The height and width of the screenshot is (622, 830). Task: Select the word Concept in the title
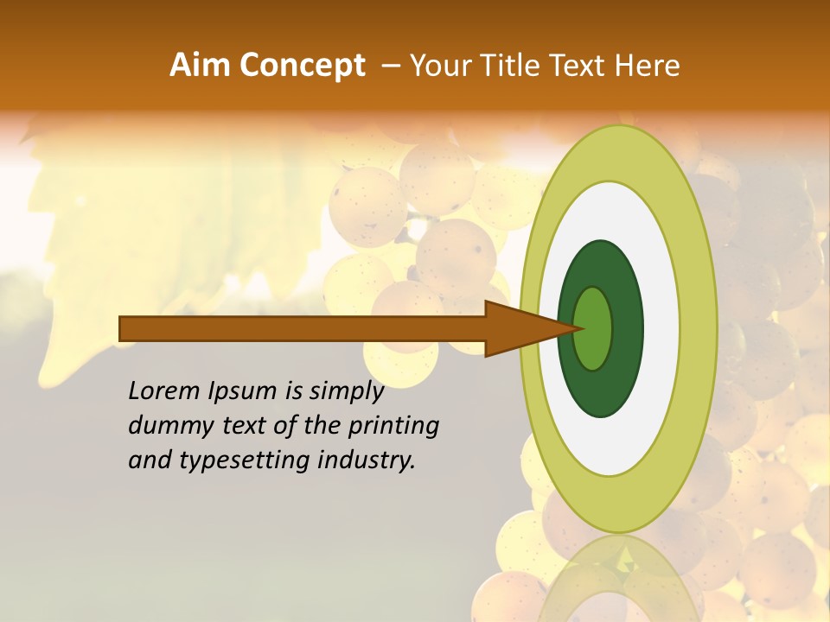pyautogui.click(x=303, y=66)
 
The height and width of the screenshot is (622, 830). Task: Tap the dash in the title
pyautogui.click(x=391, y=66)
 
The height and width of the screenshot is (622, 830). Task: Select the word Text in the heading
pyautogui.click(x=580, y=66)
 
